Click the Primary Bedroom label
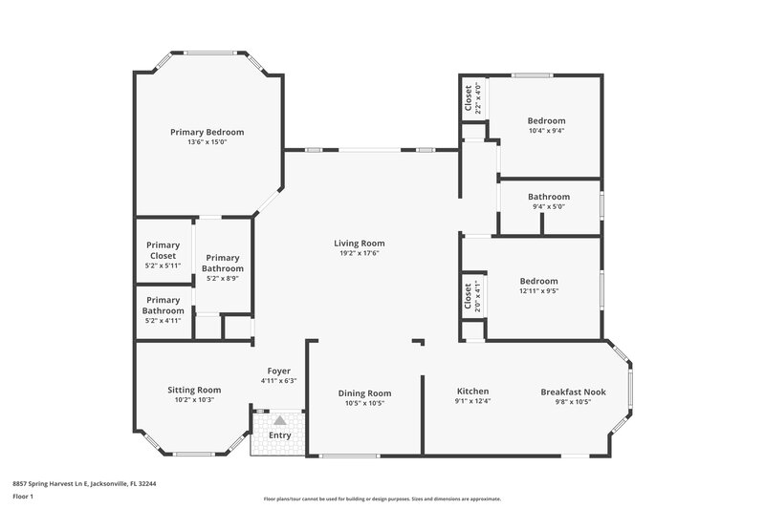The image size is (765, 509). pyautogui.click(x=207, y=132)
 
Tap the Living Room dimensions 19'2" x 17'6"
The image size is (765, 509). pyautogui.click(x=359, y=254)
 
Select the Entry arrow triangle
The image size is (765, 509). pyautogui.click(x=279, y=419)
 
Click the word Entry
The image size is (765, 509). pyautogui.click(x=279, y=435)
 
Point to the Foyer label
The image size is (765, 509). pyautogui.click(x=278, y=371)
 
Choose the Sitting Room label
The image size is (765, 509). pyautogui.click(x=194, y=390)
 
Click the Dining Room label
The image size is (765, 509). pyautogui.click(x=364, y=392)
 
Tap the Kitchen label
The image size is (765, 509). pyautogui.click(x=472, y=392)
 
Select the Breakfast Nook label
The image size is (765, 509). pyautogui.click(x=573, y=392)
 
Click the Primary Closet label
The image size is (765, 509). pyautogui.click(x=164, y=250)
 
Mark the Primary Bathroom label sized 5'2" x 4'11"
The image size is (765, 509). pyautogui.click(x=164, y=306)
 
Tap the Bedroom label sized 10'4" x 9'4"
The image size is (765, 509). pyautogui.click(x=546, y=121)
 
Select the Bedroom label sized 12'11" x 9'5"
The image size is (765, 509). pyautogui.click(x=538, y=281)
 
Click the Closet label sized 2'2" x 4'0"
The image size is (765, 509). pyautogui.click(x=468, y=99)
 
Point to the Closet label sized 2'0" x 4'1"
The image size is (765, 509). pyautogui.click(x=468, y=297)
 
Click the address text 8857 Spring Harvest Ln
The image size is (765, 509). pyautogui.click(x=84, y=483)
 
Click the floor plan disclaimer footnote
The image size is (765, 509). pyautogui.click(x=382, y=498)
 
